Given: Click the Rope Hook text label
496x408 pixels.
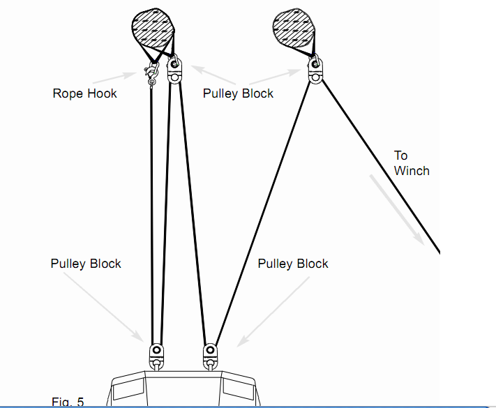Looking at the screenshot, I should click(84, 93).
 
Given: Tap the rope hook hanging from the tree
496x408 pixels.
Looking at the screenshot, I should click(151, 73).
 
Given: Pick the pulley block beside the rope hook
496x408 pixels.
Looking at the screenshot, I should click(174, 70).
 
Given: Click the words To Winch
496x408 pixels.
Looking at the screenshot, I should click(411, 163).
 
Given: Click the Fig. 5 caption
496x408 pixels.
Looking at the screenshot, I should click(68, 402).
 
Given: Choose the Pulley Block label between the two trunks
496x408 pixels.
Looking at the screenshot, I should click(238, 93).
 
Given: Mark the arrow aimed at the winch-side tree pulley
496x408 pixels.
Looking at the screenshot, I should click(280, 75).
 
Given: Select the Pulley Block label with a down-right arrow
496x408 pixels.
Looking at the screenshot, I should click(86, 264).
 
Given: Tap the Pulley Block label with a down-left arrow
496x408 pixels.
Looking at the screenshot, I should click(293, 264).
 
